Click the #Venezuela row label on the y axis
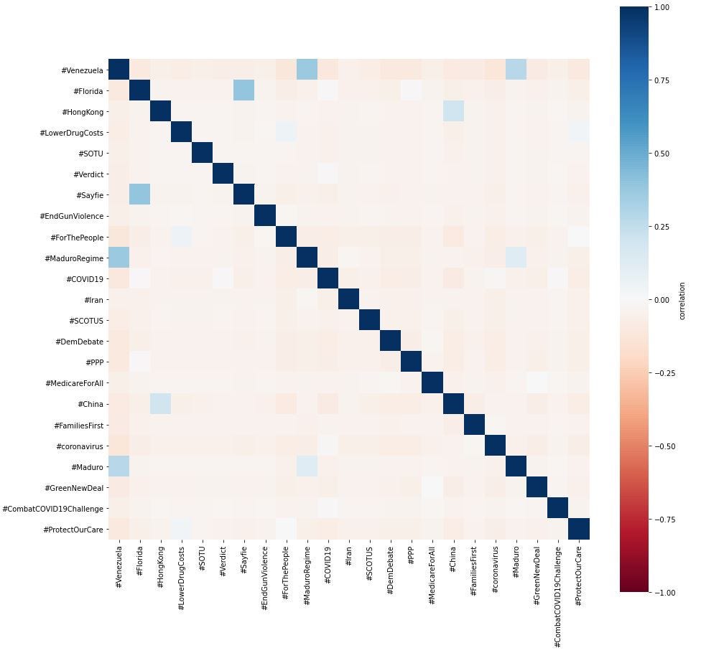[83, 70]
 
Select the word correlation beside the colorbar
[682, 299]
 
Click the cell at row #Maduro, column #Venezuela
[119, 466]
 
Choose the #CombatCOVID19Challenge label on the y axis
[53, 508]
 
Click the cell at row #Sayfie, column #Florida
[139, 195]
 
